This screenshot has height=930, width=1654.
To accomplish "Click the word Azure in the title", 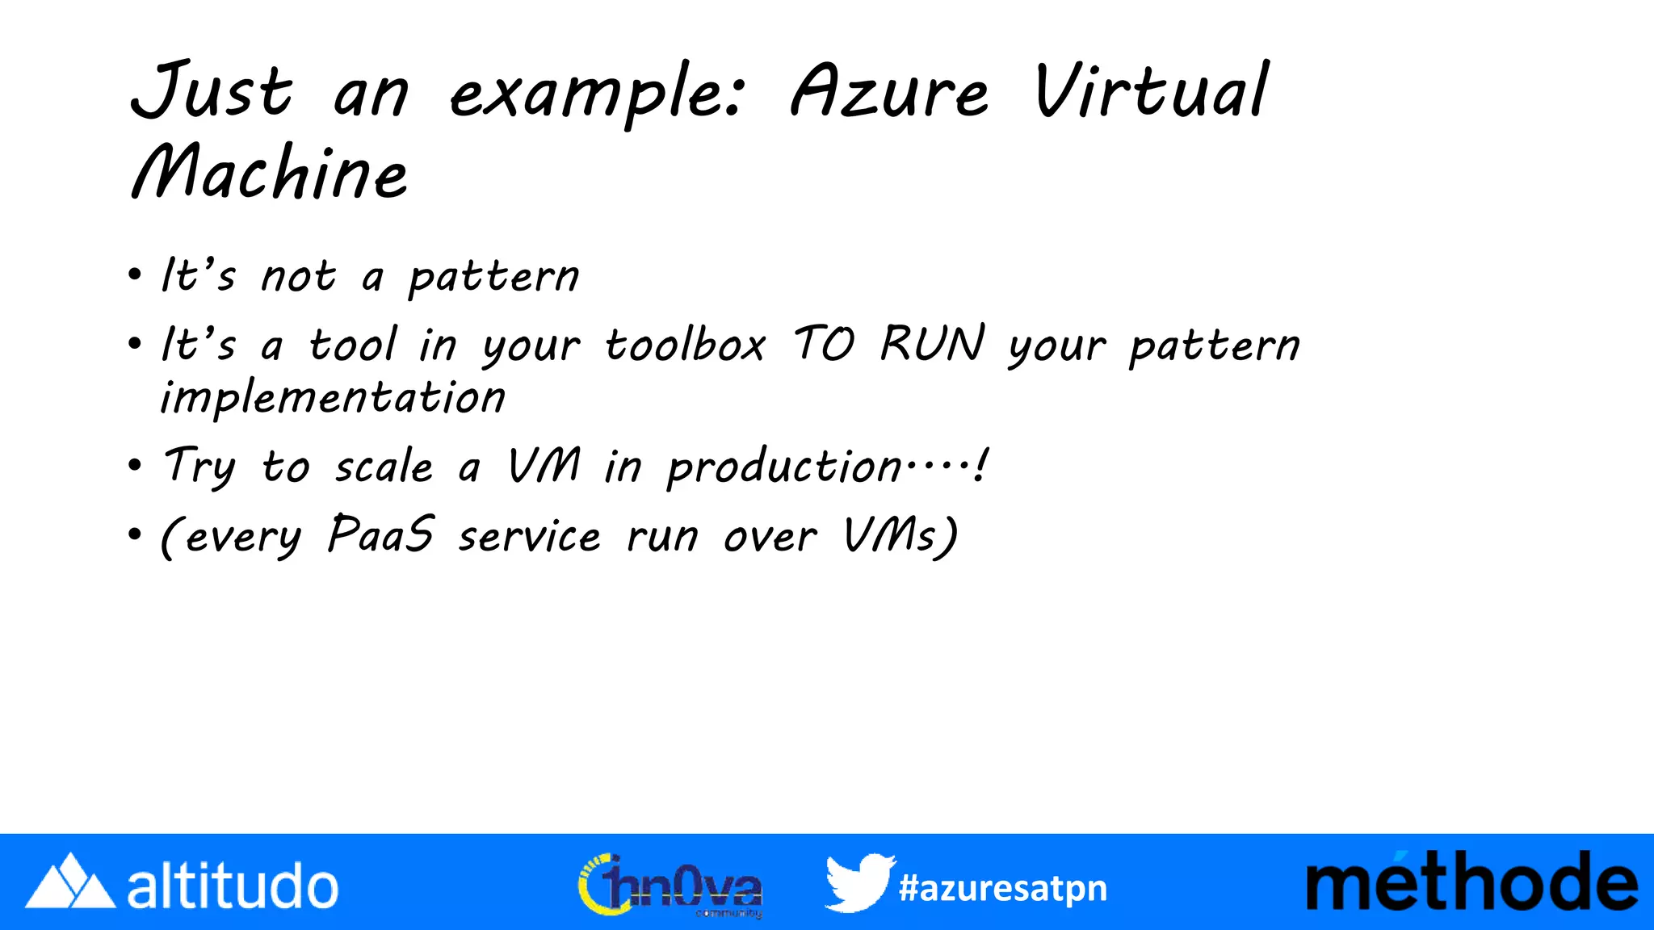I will tap(888, 93).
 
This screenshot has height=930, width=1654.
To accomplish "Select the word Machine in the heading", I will tap(270, 173).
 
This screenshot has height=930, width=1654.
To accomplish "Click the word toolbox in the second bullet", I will tap(685, 346).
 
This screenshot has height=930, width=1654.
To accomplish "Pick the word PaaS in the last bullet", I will tap(381, 534).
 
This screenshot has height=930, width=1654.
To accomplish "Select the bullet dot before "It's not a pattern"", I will tap(135, 274).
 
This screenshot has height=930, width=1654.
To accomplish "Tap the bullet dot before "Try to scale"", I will tap(135, 466).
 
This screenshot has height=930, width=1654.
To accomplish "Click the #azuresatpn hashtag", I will tap(1003, 888).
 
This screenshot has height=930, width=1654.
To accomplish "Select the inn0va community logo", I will tap(670, 886).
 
